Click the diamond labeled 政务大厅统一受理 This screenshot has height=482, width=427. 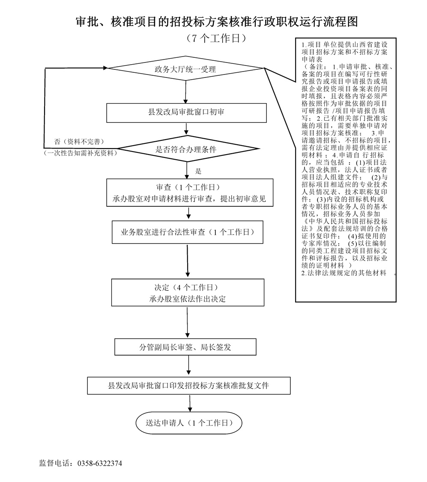(185, 68)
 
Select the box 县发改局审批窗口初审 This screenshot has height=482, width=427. (186, 113)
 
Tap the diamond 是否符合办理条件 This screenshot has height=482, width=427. (186, 149)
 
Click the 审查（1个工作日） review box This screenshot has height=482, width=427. (190, 193)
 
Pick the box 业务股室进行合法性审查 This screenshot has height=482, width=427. (187, 232)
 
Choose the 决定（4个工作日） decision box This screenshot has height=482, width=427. (188, 292)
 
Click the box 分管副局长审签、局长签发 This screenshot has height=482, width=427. (185, 347)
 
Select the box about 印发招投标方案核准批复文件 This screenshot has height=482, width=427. (189, 386)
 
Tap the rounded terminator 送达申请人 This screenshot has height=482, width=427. (189, 423)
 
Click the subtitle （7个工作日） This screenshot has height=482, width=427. (216, 38)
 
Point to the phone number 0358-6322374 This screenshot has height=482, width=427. (100, 463)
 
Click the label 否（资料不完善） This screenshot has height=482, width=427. (79, 142)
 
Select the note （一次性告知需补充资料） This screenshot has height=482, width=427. (81, 153)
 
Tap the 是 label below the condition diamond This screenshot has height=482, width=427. (198, 171)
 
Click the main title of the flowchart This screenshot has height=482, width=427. (217, 22)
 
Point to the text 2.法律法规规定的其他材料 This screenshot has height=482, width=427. (343, 273)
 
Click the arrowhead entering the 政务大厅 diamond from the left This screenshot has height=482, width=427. (105, 68)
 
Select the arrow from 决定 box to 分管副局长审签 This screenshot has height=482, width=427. (187, 322)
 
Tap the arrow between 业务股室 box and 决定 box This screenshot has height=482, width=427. (188, 261)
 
